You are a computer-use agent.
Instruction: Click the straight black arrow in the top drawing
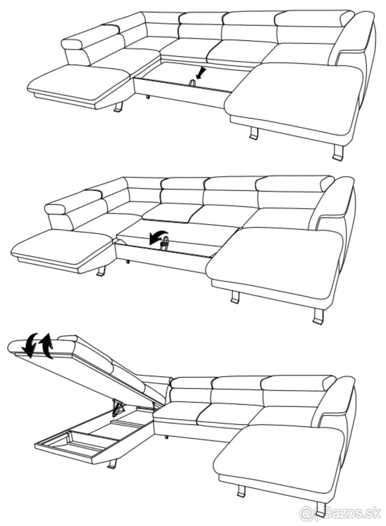201,73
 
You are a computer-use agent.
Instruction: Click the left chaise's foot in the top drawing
119,107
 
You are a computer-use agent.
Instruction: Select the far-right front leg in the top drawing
337,153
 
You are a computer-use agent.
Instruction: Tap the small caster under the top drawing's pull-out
147,97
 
